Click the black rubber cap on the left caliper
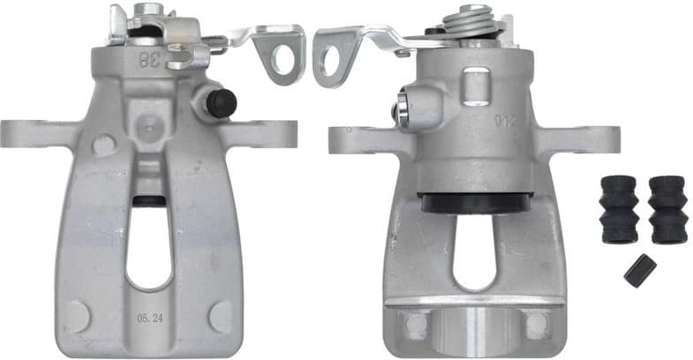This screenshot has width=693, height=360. point(220,103)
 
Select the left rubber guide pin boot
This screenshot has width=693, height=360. point(619,208)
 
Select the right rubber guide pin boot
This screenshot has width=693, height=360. point(667,208)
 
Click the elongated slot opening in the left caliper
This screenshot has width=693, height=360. point(149,248)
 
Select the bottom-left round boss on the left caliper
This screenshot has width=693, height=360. point(78,316)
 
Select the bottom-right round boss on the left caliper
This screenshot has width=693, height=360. point(220,315)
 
